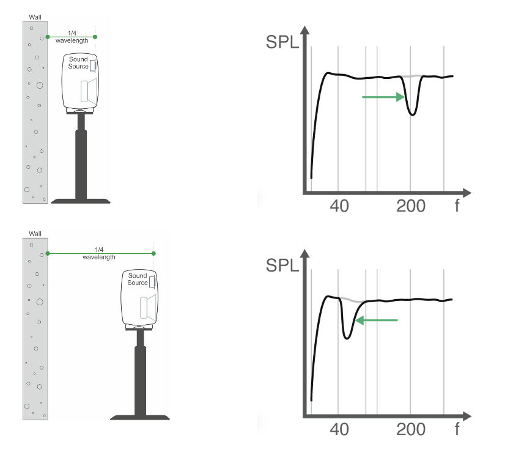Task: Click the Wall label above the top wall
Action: [x=35, y=17]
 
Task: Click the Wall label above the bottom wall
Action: [x=35, y=234]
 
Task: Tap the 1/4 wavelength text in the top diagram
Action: [x=72, y=37]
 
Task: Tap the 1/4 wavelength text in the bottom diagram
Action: [x=99, y=253]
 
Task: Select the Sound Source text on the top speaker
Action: [x=78, y=63]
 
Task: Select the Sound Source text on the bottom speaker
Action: [x=138, y=280]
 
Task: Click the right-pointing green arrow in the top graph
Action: [x=383, y=97]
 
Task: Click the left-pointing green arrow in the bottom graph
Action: [x=377, y=320]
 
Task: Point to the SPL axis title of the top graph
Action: [x=282, y=42]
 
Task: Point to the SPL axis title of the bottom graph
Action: [x=282, y=265]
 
